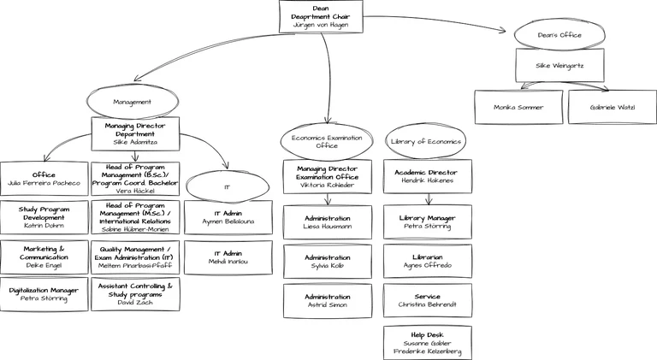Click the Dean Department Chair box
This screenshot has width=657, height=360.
(x=321, y=17)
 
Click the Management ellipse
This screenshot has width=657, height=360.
(x=133, y=102)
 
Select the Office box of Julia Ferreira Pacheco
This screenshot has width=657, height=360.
(x=44, y=178)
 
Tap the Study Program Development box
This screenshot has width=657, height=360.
(x=44, y=217)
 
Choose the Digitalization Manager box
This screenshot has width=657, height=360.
(x=44, y=294)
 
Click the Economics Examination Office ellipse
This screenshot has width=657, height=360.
(x=327, y=141)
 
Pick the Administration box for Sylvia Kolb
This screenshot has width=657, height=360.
(x=328, y=262)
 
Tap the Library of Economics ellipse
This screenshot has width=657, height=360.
(x=426, y=141)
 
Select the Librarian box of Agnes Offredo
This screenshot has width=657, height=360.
(x=427, y=262)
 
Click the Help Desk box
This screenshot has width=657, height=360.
(x=427, y=341)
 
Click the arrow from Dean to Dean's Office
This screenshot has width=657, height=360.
(x=436, y=26)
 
